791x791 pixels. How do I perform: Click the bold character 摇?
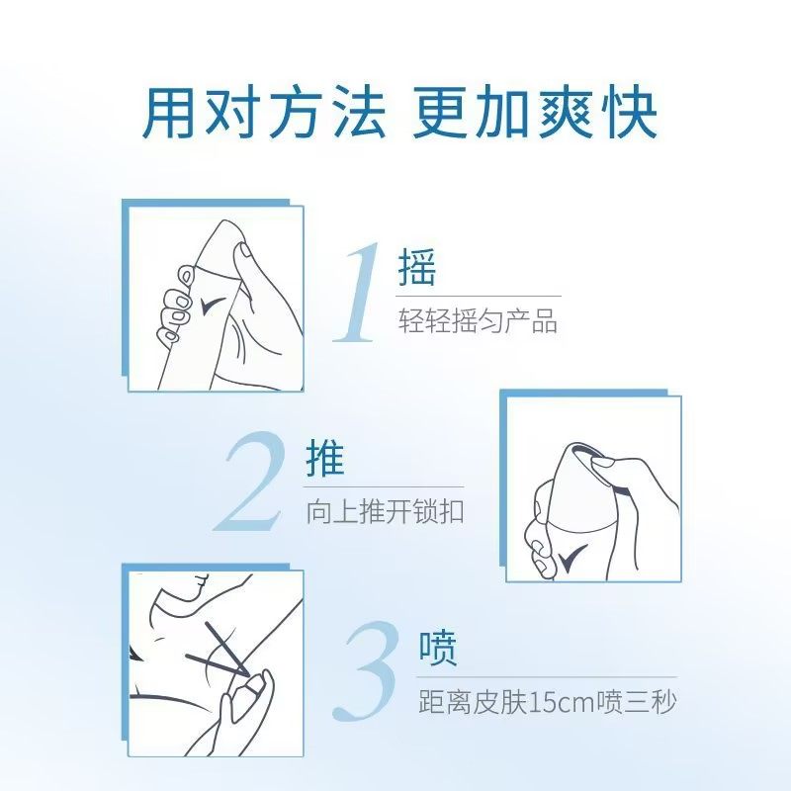[x=416, y=268]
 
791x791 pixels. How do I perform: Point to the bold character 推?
[x=325, y=460]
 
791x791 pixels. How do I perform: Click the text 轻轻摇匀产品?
[x=478, y=321]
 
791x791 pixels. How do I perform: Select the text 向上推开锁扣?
[x=386, y=513]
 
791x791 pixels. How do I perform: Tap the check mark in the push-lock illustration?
[x=572, y=560]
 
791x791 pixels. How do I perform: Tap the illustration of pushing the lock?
[x=593, y=489]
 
